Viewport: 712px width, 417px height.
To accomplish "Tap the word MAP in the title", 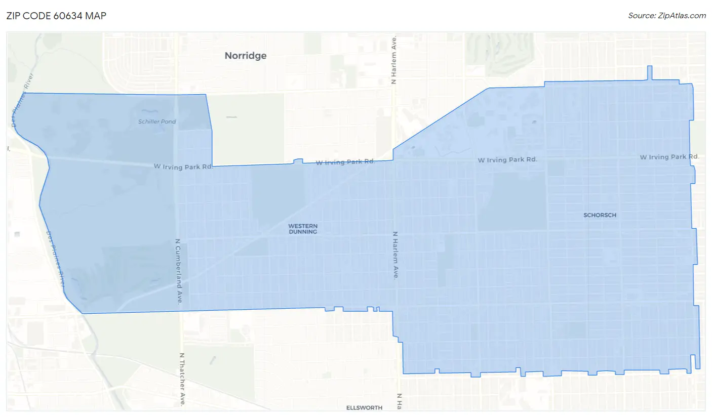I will [96, 15].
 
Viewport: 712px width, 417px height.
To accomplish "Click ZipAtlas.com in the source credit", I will [683, 15].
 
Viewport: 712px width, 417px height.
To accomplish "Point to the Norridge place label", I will [246, 56].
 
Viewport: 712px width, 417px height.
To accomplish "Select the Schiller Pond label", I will [157, 121].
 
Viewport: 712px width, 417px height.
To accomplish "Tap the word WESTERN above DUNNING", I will [303, 226].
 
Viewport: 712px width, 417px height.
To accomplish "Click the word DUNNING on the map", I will [303, 232].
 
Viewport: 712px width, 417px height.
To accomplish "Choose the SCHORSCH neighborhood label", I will [600, 215].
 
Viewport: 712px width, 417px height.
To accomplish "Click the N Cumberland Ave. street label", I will [178, 271].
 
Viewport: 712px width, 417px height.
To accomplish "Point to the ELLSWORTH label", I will [364, 407].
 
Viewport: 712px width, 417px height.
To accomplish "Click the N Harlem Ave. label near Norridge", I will [394, 60].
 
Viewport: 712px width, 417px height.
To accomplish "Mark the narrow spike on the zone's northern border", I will [650, 73].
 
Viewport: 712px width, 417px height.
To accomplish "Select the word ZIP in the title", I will [14, 15].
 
